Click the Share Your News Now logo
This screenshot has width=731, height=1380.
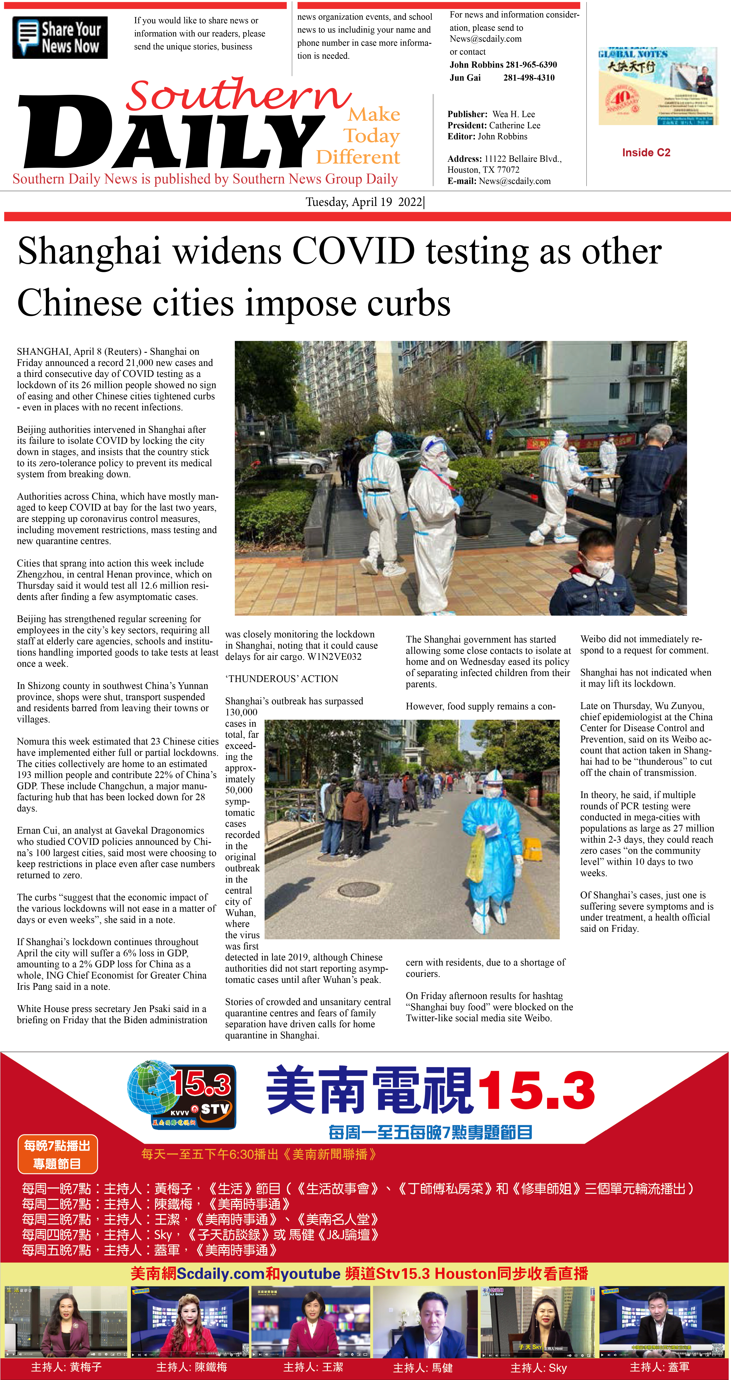click(x=60, y=38)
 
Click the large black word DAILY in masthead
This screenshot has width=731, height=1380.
click(x=171, y=134)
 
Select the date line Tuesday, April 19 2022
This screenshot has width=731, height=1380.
click(x=364, y=202)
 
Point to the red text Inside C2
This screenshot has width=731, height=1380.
click(x=646, y=153)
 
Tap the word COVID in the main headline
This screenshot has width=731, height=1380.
click(x=354, y=251)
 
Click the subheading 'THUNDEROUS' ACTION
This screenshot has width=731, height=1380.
click(x=281, y=679)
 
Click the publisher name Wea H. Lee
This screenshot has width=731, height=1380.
click(x=513, y=114)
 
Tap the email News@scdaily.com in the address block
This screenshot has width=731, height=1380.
click(x=515, y=181)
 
